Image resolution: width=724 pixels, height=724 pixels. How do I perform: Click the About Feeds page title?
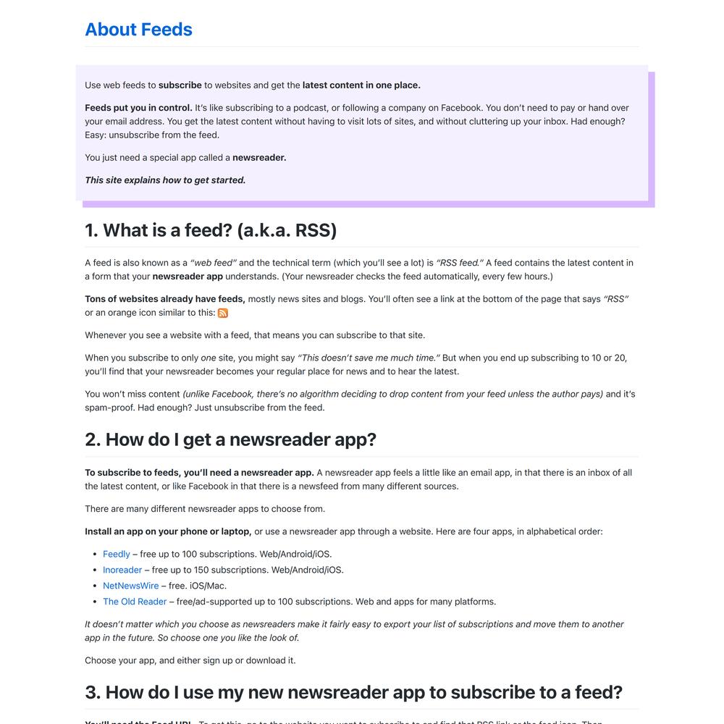click(x=138, y=30)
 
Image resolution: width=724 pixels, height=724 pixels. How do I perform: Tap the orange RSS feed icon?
click(x=223, y=313)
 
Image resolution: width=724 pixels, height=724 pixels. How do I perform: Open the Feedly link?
click(x=117, y=554)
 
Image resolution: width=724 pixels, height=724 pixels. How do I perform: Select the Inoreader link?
click(x=122, y=570)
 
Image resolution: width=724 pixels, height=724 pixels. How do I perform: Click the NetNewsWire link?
click(x=130, y=586)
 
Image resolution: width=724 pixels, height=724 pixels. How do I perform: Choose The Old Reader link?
click(x=135, y=602)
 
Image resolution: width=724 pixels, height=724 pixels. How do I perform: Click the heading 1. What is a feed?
click(x=211, y=230)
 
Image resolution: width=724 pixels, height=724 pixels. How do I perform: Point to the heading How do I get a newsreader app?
click(x=230, y=439)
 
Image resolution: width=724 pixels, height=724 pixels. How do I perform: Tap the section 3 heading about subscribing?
click(x=353, y=691)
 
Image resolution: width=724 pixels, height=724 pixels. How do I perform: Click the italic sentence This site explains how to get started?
click(x=165, y=180)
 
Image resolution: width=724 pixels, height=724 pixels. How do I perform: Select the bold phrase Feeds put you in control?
click(x=138, y=108)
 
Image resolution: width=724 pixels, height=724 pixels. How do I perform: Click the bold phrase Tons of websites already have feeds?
click(x=165, y=299)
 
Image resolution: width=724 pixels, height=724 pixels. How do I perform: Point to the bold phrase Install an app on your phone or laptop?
click(x=168, y=531)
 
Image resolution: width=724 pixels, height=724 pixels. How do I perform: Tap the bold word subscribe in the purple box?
click(x=180, y=85)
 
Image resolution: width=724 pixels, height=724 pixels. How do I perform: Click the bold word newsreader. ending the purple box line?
click(x=259, y=158)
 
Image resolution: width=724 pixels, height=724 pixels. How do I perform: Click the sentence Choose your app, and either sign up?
click(x=190, y=660)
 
